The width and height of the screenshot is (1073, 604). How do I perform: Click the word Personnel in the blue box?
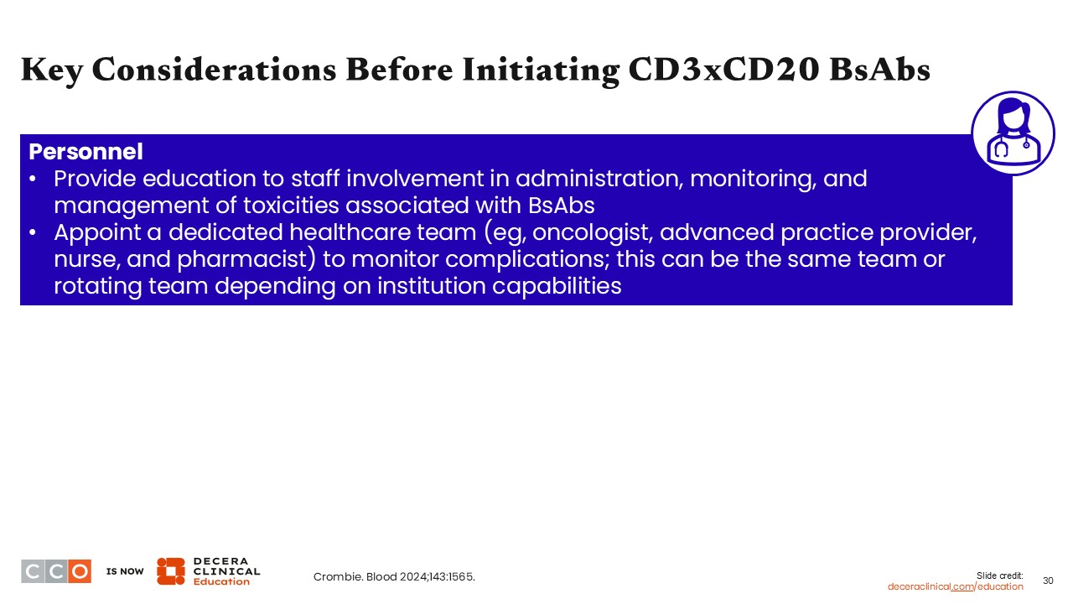point(86,152)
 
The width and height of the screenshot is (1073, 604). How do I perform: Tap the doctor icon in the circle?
point(1013,133)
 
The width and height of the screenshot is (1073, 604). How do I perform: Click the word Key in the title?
point(52,70)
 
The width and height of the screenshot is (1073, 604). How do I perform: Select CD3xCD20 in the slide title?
point(723,69)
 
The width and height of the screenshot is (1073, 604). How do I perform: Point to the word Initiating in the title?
point(541,70)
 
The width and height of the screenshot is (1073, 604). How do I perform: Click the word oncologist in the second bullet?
point(592,233)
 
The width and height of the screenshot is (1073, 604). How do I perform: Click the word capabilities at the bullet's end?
point(557,287)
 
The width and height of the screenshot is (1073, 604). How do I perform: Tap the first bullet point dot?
point(33,180)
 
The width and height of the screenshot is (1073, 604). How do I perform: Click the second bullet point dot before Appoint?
point(33,233)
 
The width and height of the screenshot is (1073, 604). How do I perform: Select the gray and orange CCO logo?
point(56,571)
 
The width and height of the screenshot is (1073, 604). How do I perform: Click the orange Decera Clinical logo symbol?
point(170,571)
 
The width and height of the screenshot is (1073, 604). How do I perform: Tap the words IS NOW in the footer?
point(125,571)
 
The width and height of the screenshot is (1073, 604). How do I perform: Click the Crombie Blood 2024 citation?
point(394,576)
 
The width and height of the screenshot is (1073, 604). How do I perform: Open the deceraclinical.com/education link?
point(955,586)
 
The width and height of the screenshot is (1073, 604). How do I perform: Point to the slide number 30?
point(1048,581)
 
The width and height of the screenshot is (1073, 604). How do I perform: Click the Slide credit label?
point(1000,575)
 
